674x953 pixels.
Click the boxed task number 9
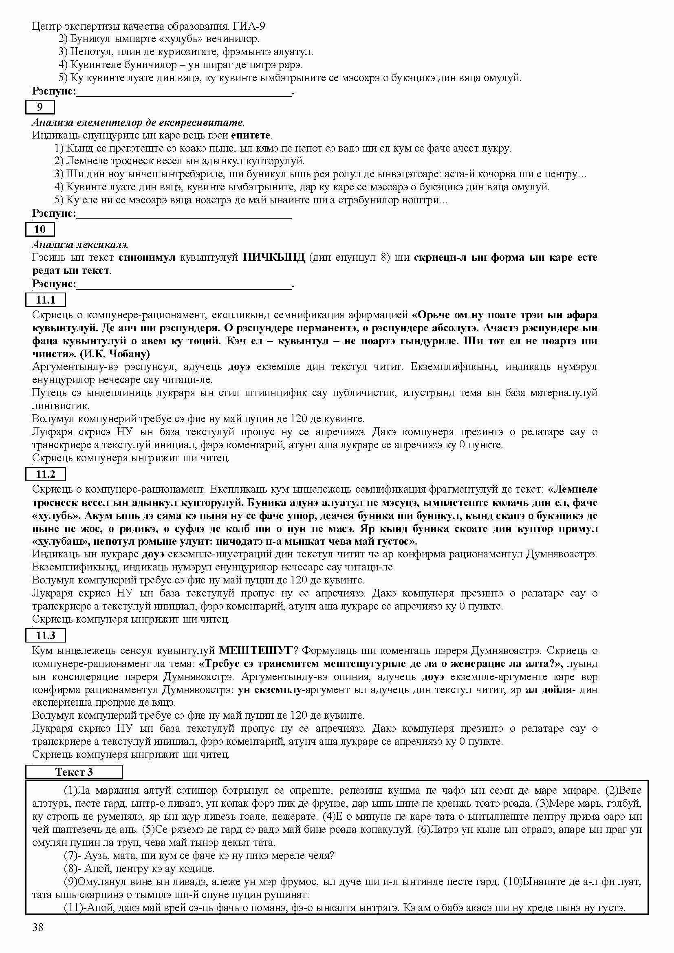(40, 107)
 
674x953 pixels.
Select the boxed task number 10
(40, 229)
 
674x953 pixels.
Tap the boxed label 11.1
(46, 300)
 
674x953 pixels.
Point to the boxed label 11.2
(46, 474)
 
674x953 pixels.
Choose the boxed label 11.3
(46, 636)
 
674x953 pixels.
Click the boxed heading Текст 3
(74, 772)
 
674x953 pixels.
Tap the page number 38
(37, 927)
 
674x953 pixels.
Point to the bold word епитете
(251, 135)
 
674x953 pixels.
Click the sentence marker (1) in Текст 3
(70, 790)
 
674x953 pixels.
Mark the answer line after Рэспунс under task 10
(184, 285)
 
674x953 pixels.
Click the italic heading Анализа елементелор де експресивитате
(138, 123)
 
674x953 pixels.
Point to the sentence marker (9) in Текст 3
(70, 882)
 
